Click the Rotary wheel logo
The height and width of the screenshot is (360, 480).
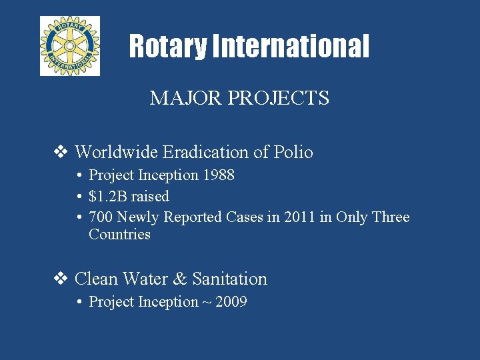click(69, 45)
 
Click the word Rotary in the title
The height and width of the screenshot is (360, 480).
click(167, 47)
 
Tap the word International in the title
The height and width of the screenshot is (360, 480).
click(290, 47)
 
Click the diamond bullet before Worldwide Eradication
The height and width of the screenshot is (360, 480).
click(61, 152)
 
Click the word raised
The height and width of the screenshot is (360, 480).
click(150, 196)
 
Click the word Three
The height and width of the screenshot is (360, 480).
click(391, 217)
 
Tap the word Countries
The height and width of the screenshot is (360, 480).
click(119, 235)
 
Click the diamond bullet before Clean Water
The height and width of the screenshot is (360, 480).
click(61, 279)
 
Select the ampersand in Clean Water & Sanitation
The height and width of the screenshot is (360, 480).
click(180, 279)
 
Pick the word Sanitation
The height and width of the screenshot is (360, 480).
click(229, 279)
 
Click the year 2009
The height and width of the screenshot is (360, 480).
click(231, 302)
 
